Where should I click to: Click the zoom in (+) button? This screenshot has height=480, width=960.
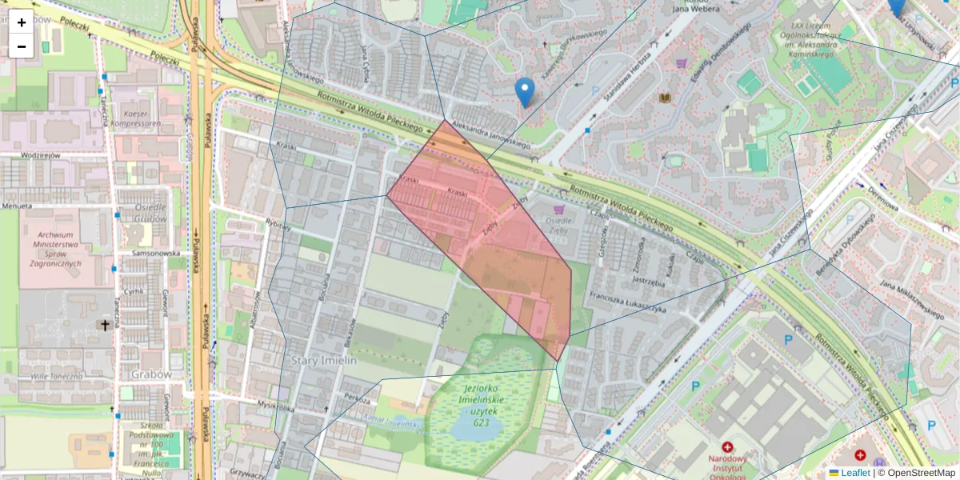coord(22,22)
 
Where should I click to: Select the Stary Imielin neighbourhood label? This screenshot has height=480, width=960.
coord(325,361)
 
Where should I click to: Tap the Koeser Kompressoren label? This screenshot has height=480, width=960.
coord(137,119)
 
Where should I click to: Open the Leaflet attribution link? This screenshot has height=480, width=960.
coord(854,473)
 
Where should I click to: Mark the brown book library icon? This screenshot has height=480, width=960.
coord(665,98)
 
